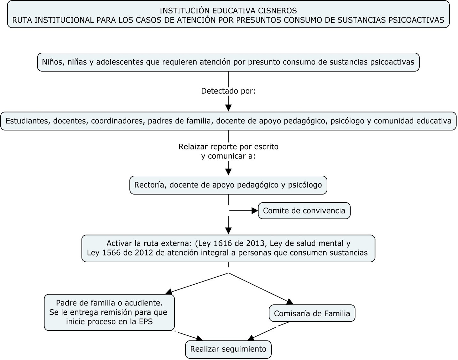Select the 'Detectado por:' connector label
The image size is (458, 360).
point(228,91)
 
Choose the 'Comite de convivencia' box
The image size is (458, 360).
point(304,211)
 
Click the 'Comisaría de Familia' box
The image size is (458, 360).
point(312,313)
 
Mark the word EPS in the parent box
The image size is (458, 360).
point(146,321)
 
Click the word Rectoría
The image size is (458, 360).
point(150,185)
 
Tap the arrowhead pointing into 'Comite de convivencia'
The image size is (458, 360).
point(255,211)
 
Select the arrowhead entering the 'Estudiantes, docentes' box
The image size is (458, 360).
point(229,108)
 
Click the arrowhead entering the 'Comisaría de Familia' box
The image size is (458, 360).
point(290,302)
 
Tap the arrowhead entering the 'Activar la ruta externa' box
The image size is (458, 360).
point(229,231)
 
